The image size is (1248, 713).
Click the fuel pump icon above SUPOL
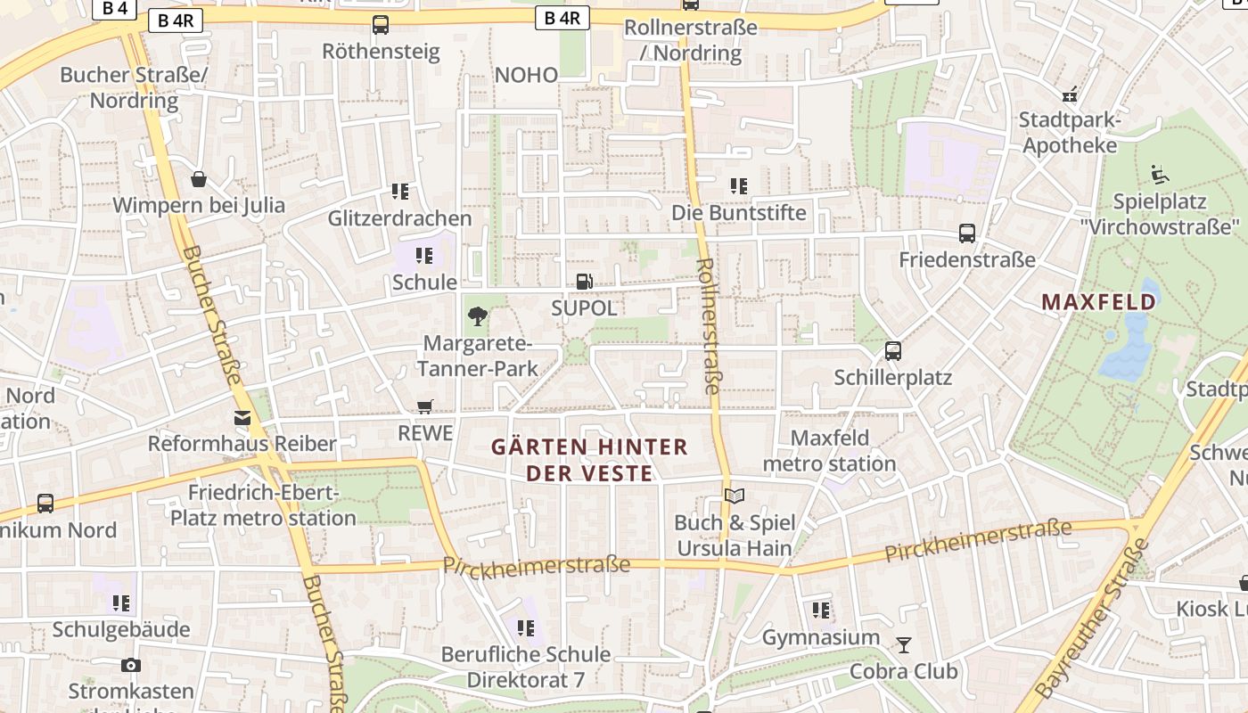click(584, 282)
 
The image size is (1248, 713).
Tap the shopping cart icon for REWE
click(425, 406)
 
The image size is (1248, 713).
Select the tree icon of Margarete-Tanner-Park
click(479, 315)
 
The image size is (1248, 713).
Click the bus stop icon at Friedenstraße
click(967, 234)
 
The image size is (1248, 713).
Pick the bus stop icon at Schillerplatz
click(893, 351)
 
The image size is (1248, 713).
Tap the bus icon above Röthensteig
click(381, 25)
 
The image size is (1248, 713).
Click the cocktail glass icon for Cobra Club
click(904, 644)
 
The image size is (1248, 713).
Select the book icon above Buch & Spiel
click(734, 496)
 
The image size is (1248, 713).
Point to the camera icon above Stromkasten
click(131, 665)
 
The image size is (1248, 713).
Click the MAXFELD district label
click(1098, 302)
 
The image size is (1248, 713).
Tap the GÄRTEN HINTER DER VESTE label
click(589, 459)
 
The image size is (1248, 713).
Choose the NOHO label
click(526, 75)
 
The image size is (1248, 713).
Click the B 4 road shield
click(114, 8)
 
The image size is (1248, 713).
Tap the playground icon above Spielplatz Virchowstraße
click(1160, 175)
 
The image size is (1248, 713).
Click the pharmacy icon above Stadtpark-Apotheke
click(1069, 94)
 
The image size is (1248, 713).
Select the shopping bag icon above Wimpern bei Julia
click(199, 179)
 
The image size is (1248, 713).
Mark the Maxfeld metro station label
click(829, 451)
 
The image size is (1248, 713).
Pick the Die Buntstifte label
click(738, 213)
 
